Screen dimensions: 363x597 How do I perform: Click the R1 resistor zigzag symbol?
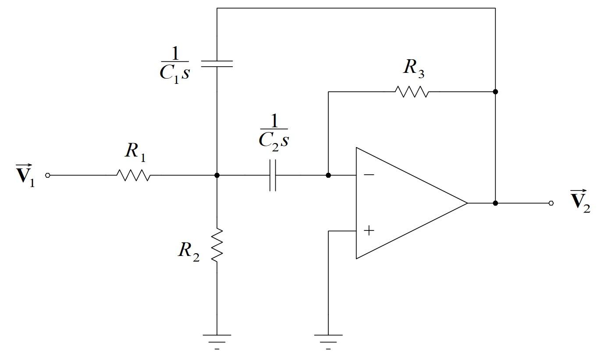133,175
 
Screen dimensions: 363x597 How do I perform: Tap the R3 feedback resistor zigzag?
412,92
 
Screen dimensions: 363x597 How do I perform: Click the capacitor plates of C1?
217,64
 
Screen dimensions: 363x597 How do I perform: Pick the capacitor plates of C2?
273,175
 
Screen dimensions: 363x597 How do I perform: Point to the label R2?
189,251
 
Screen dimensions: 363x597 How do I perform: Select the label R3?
413,68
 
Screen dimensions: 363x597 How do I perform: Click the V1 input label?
25,175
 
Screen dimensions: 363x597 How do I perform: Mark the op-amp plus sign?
369,230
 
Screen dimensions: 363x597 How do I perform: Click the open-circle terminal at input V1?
48,175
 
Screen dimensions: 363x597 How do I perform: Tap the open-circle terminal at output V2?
551,203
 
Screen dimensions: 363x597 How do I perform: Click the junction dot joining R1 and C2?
217,175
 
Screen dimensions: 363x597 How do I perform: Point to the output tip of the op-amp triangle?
467,203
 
